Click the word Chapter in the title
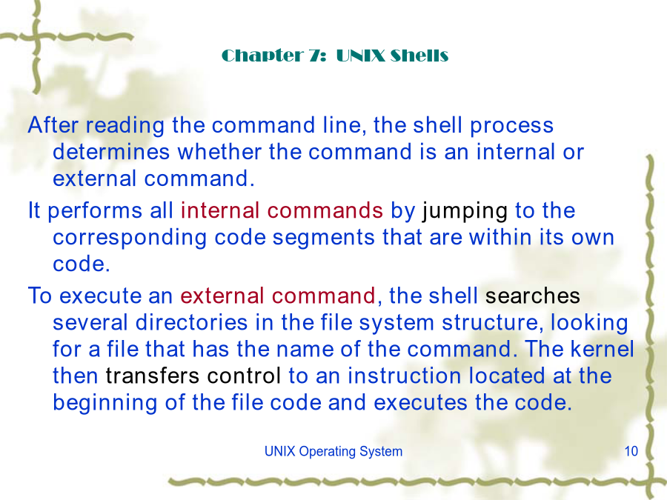coord(263,56)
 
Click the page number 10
coord(631,451)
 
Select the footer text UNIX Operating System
coord(333,452)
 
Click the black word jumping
coord(465,212)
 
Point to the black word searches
coord(533,296)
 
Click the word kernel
coord(602,349)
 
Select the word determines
coord(111,152)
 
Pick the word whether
coord(219,152)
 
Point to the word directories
coord(191,322)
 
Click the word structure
coord(493,323)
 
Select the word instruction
coord(404,376)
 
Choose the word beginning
coord(105,404)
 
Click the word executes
coord(420,403)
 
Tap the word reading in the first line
coord(125,126)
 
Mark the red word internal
coord(220,210)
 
